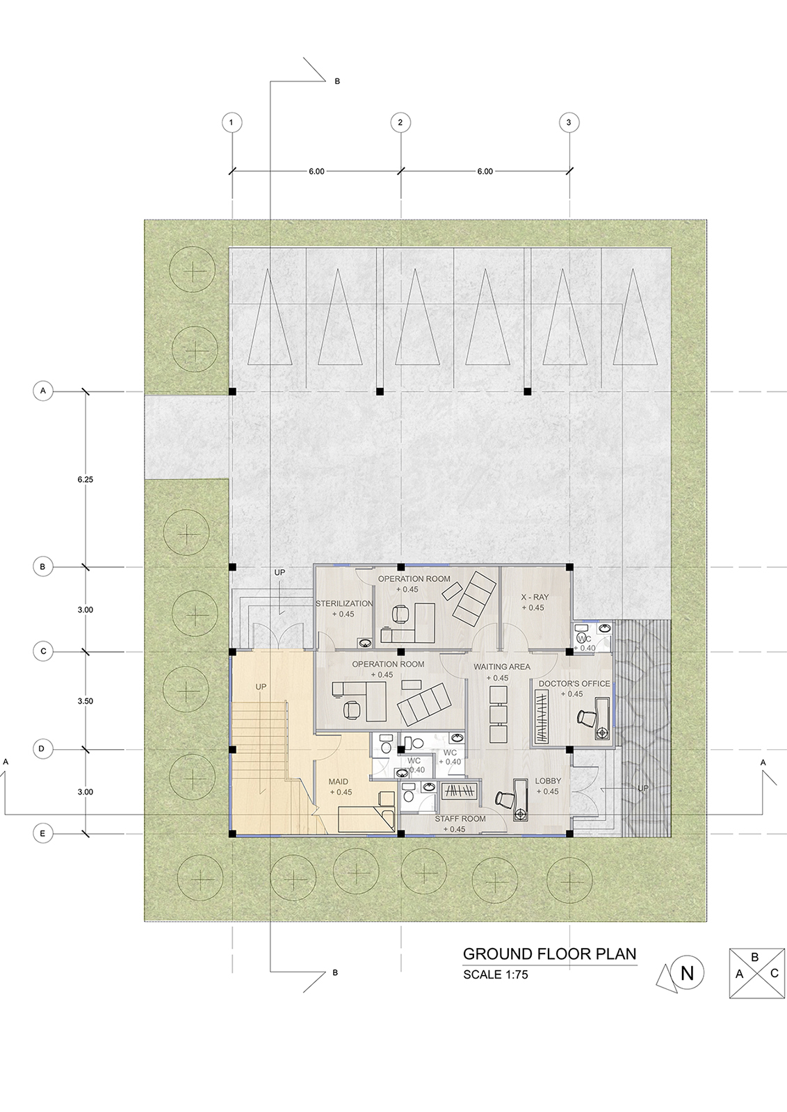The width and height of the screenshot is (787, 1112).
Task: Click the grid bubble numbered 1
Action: [x=232, y=122]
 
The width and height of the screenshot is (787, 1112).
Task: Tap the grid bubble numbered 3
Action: [x=569, y=122]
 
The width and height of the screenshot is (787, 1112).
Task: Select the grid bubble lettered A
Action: [x=43, y=391]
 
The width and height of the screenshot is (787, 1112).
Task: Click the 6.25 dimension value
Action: [x=86, y=480]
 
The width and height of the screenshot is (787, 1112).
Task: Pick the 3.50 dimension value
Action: [x=86, y=701]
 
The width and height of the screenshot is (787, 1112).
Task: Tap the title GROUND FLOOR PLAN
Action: [x=550, y=954]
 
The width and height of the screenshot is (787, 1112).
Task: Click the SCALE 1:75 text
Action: [x=496, y=974]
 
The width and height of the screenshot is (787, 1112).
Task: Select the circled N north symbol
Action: [x=687, y=974]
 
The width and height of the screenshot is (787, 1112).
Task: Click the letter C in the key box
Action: [x=774, y=974]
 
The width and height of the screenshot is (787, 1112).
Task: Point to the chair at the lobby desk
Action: [x=505, y=799]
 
